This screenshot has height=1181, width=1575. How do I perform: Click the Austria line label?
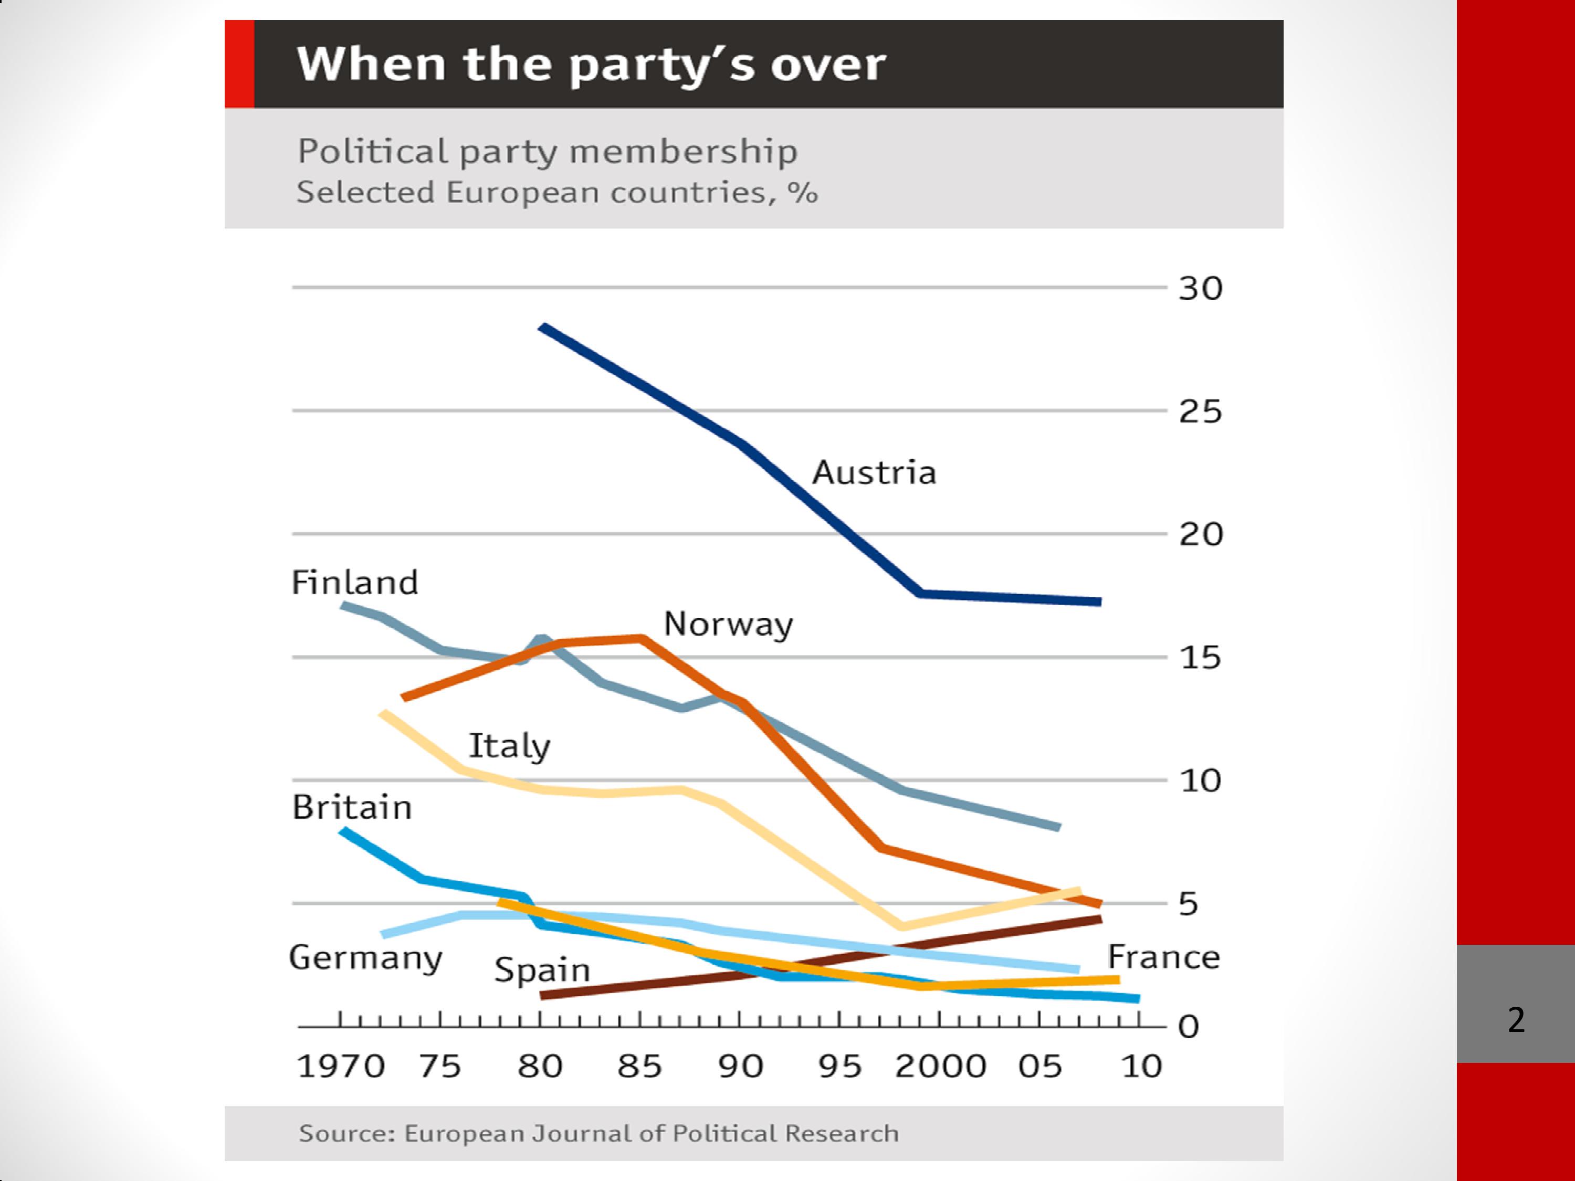[874, 473]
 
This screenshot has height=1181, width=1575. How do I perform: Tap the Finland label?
[354, 582]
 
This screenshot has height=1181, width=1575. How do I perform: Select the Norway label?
[728, 624]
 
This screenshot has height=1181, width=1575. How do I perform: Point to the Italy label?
[509, 746]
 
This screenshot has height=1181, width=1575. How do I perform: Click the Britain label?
[352, 807]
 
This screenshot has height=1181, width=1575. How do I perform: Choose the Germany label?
[365, 958]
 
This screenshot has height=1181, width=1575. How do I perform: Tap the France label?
[1163, 957]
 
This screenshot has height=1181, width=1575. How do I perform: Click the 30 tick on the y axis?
[1201, 288]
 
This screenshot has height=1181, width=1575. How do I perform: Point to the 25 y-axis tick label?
[1201, 412]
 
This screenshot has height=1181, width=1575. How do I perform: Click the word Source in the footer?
[346, 1133]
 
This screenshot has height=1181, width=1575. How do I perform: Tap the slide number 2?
[1516, 1019]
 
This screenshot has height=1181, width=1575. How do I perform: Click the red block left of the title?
[239, 64]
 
